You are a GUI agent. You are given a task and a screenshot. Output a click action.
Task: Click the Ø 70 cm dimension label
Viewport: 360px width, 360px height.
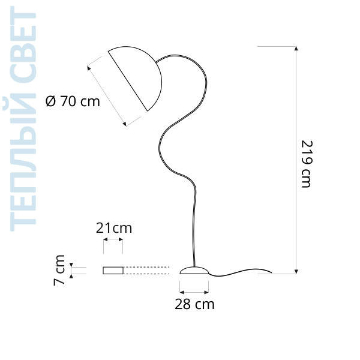click(x=73, y=101)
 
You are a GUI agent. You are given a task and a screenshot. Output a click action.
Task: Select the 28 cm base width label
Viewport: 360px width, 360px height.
click(x=194, y=304)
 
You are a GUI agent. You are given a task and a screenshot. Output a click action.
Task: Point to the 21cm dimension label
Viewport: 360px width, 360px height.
click(x=114, y=228)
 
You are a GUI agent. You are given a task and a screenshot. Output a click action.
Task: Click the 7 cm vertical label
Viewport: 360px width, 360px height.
click(x=59, y=270)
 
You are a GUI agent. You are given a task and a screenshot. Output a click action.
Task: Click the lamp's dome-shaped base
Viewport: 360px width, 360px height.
click(x=194, y=271)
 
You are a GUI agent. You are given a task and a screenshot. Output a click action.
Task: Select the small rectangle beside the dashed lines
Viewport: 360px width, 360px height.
click(x=113, y=271)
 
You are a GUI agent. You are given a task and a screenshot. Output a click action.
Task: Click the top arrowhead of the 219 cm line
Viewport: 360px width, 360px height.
click(x=296, y=48)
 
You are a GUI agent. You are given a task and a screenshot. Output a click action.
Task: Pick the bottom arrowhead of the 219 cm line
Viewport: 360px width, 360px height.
click(x=296, y=272)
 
